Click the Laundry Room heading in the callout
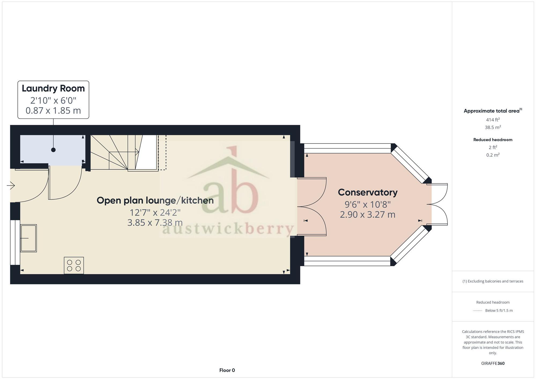coord(53,88)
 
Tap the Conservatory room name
coord(367,192)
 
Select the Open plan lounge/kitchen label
coord(155,200)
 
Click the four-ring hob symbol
coord(74,265)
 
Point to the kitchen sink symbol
coord(28,238)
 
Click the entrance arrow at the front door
coord(11,185)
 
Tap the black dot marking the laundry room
coord(53,150)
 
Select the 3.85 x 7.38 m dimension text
coord(155,223)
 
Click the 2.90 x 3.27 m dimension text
coord(367,215)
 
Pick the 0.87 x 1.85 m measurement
coord(53,111)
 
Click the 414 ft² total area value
coord(493,120)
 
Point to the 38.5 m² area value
coord(493,127)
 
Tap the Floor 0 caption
coord(227,370)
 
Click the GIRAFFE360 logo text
coord(493,363)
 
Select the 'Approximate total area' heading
coord(493,111)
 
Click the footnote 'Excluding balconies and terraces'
coord(493,281)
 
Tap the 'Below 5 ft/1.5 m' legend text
coord(499,311)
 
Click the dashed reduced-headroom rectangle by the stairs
coord(162,152)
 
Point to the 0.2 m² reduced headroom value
coord(493,155)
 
